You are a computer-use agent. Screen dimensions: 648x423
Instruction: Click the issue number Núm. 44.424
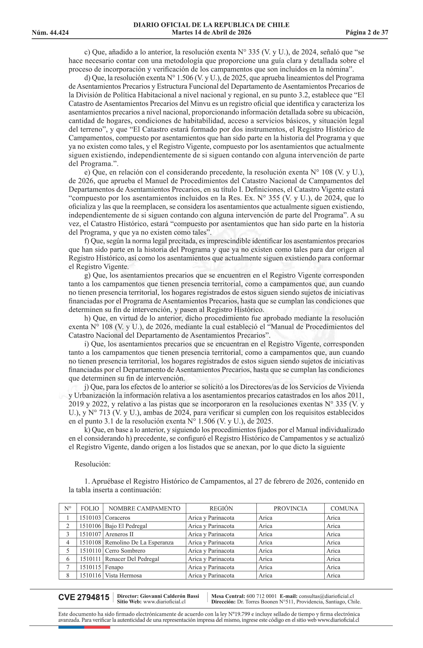[x=50, y=33]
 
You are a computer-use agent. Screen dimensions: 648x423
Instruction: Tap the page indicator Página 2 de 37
[x=367, y=33]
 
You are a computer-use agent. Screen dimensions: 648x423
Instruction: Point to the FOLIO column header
[x=90, y=508]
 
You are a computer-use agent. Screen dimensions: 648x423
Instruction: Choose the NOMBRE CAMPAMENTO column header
[x=144, y=508]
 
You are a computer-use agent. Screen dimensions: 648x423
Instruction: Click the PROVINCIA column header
[x=290, y=508]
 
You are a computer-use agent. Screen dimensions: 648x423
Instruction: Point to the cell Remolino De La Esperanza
[x=139, y=542]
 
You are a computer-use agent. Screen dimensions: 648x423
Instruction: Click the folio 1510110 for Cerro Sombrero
[x=90, y=550]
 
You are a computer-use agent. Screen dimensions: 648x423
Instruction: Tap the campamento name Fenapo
[x=114, y=567]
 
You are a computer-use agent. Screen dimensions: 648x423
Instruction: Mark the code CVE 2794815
[x=84, y=597]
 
